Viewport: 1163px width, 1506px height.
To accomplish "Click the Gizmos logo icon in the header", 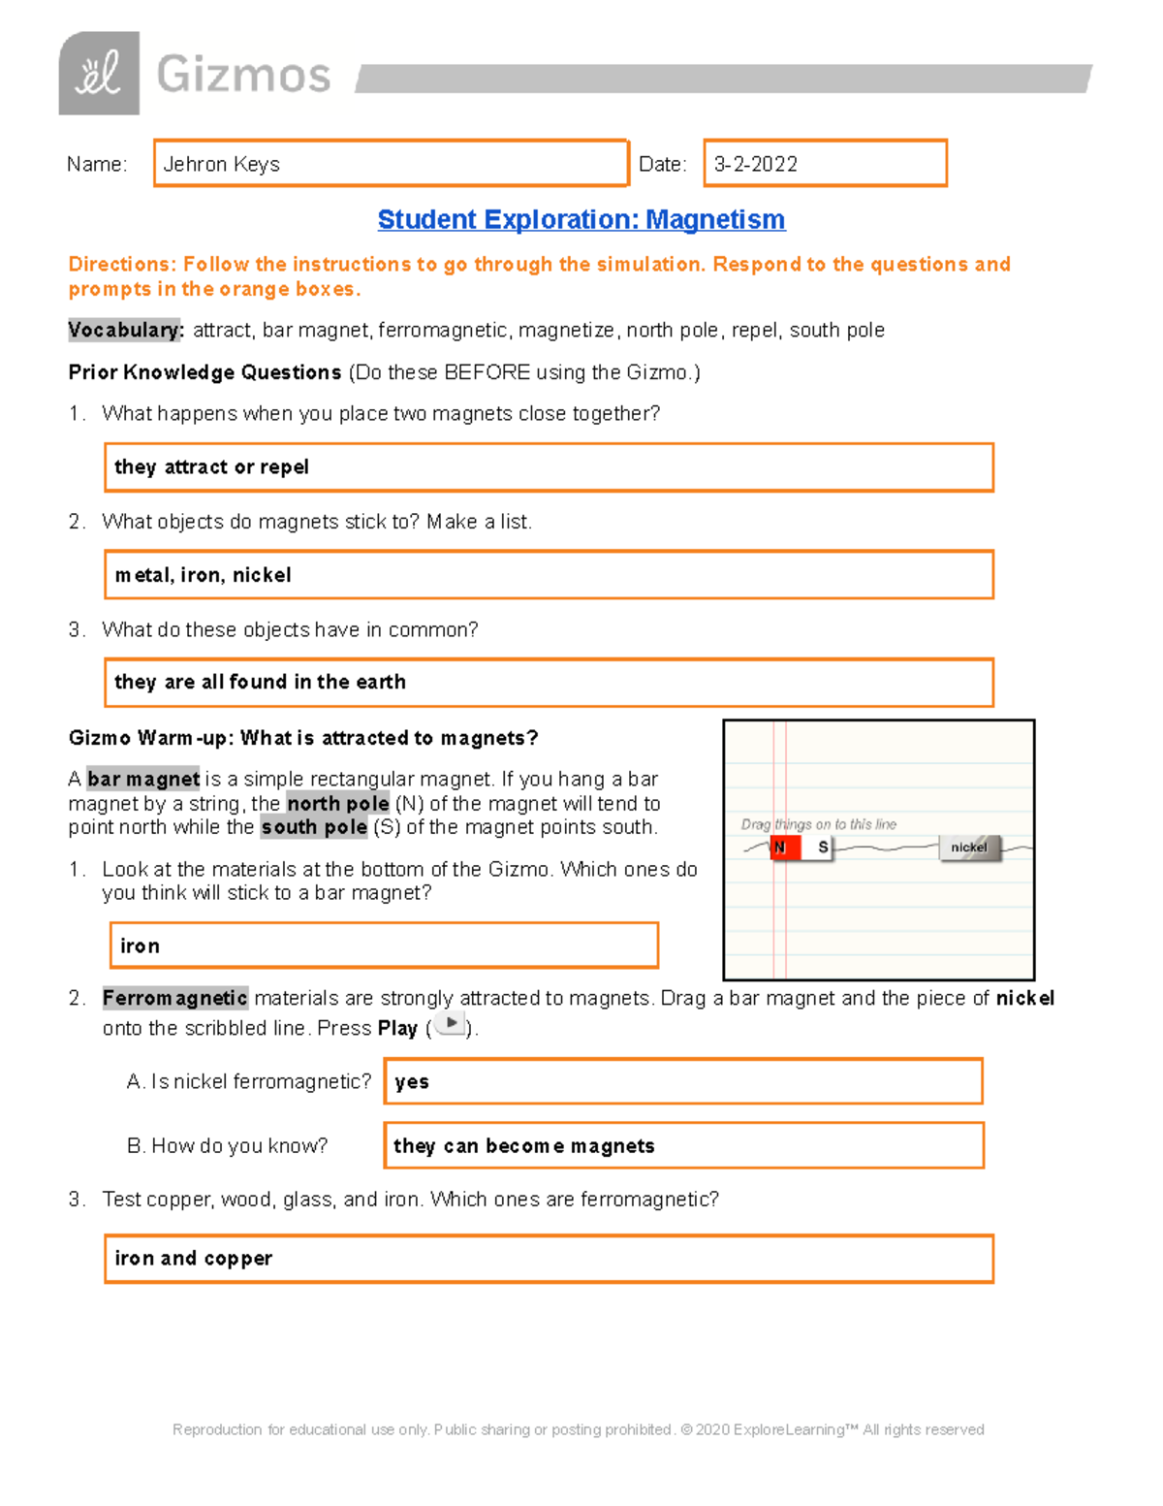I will click(99, 74).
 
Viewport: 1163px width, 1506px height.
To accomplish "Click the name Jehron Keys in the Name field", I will click(221, 164).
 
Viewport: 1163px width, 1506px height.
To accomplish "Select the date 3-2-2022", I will click(756, 164).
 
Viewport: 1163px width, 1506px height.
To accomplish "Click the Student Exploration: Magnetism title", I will click(581, 219).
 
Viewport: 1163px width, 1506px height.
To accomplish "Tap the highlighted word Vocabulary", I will click(125, 330).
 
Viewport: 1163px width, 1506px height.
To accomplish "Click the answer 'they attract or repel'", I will click(211, 467).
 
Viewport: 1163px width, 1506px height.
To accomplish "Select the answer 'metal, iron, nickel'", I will click(203, 575).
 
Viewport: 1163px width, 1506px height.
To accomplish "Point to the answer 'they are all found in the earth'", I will click(260, 682).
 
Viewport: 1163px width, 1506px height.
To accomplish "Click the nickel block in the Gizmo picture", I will click(968, 848).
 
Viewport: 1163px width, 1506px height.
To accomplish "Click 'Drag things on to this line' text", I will click(818, 824).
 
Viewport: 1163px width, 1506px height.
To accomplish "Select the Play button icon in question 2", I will click(450, 1024).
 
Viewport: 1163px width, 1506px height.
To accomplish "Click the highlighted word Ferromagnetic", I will click(174, 998).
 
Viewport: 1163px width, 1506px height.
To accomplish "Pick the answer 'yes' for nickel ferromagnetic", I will click(412, 1082).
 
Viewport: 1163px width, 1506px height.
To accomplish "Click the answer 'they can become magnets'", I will click(523, 1146).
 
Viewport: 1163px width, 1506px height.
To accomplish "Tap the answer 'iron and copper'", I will click(193, 1259).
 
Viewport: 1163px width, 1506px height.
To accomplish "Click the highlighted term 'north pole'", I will click(337, 803).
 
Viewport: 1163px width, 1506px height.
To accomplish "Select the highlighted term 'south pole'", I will click(314, 827).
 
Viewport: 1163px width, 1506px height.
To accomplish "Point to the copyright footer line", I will click(578, 1429).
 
